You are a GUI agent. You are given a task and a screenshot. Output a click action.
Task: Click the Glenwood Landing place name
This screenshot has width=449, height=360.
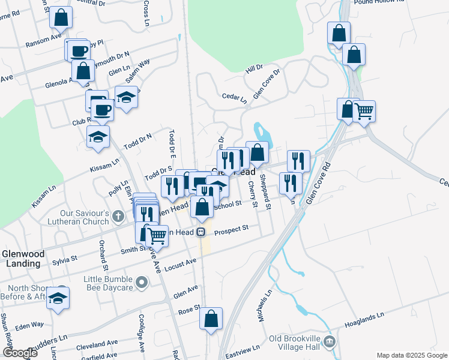(23, 258)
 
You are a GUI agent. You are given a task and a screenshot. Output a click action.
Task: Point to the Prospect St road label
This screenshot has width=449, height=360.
(231, 229)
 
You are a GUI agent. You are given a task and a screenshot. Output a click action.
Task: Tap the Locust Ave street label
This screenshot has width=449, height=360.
(180, 264)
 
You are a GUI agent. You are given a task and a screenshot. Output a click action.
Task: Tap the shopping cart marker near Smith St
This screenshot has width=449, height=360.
(157, 236)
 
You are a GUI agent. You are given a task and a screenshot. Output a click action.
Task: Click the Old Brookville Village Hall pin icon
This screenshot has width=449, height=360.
(329, 342)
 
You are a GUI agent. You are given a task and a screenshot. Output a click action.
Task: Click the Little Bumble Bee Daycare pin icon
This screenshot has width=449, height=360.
(142, 281)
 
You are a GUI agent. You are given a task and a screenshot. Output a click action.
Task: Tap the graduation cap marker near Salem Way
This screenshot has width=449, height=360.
(126, 97)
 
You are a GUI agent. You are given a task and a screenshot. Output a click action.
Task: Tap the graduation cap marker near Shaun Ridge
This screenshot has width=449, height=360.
(58, 298)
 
